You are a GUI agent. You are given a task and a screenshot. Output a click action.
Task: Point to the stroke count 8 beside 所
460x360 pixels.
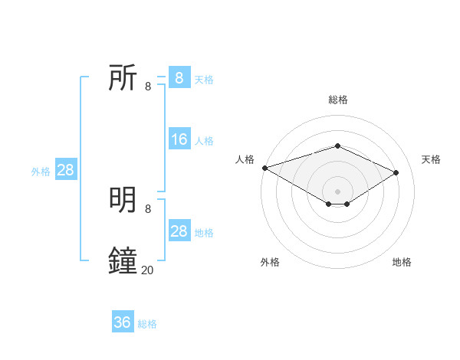point(148,87)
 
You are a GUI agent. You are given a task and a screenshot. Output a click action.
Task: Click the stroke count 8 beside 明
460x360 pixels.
point(148,208)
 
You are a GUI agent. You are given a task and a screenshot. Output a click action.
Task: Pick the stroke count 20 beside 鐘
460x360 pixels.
point(148,270)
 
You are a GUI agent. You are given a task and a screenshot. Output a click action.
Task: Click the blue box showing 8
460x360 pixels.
point(179,77)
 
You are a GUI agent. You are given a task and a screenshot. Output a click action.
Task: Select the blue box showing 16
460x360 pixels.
point(179,139)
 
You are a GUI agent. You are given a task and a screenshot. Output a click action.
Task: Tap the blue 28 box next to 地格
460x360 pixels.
point(179,231)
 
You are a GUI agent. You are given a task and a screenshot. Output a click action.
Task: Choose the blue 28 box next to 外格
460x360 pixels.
point(65,170)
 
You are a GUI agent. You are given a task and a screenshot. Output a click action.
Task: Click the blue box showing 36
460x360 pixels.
point(123,322)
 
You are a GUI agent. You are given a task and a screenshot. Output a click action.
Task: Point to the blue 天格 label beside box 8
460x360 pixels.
point(204,79)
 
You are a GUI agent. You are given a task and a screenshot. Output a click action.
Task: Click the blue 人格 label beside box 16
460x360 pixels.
point(204,141)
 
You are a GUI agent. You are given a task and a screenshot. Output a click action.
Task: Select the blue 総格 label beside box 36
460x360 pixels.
point(147,324)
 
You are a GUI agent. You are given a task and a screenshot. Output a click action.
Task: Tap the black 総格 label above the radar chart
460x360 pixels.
point(337,100)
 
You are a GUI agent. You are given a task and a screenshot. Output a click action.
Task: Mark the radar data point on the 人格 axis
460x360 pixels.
point(264,168)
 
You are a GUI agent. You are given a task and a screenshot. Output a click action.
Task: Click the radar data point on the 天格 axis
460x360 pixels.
point(396,172)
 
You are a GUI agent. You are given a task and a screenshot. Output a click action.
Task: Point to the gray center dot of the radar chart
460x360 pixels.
point(337,191)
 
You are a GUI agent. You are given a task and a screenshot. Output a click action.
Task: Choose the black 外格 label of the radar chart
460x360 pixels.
point(270,262)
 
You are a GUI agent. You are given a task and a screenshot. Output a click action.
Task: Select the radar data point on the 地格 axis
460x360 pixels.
point(347,204)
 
